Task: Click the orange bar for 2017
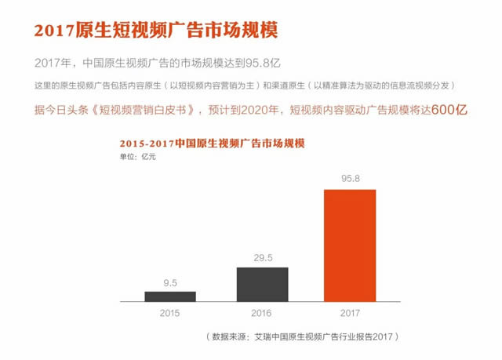click(350, 245)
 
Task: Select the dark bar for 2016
click(262, 284)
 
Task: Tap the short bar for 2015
click(170, 296)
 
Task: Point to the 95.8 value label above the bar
click(350, 180)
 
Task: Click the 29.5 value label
click(262, 257)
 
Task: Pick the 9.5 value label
click(170, 282)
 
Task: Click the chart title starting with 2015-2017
click(211, 144)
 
